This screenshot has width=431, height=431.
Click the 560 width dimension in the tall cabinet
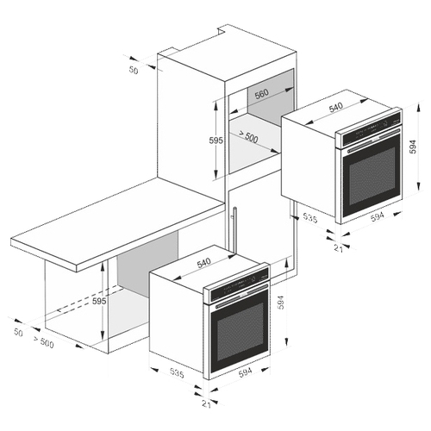click(x=262, y=93)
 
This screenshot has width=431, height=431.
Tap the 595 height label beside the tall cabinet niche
click(x=216, y=141)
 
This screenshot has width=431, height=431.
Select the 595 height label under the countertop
click(x=99, y=301)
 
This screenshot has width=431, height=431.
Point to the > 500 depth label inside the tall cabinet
click(x=248, y=137)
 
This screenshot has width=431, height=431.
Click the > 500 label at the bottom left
click(x=43, y=342)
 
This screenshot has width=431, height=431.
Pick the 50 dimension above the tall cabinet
click(x=134, y=70)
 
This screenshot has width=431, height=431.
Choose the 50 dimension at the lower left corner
click(x=18, y=333)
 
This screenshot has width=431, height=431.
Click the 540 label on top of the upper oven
click(x=336, y=107)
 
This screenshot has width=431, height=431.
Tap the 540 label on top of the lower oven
click(x=203, y=262)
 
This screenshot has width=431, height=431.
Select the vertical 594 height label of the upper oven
click(x=413, y=147)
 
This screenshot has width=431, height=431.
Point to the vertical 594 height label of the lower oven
click(x=281, y=303)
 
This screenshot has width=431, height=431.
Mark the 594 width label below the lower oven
click(x=245, y=372)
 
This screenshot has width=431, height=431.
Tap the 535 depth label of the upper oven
click(x=310, y=218)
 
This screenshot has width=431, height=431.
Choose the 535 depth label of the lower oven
click(x=177, y=372)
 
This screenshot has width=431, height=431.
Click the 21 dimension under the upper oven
click(x=339, y=248)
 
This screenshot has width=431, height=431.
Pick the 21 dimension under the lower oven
click(x=206, y=404)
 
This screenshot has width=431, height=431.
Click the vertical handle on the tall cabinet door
click(x=235, y=230)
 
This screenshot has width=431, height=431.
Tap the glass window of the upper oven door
click(x=372, y=176)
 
